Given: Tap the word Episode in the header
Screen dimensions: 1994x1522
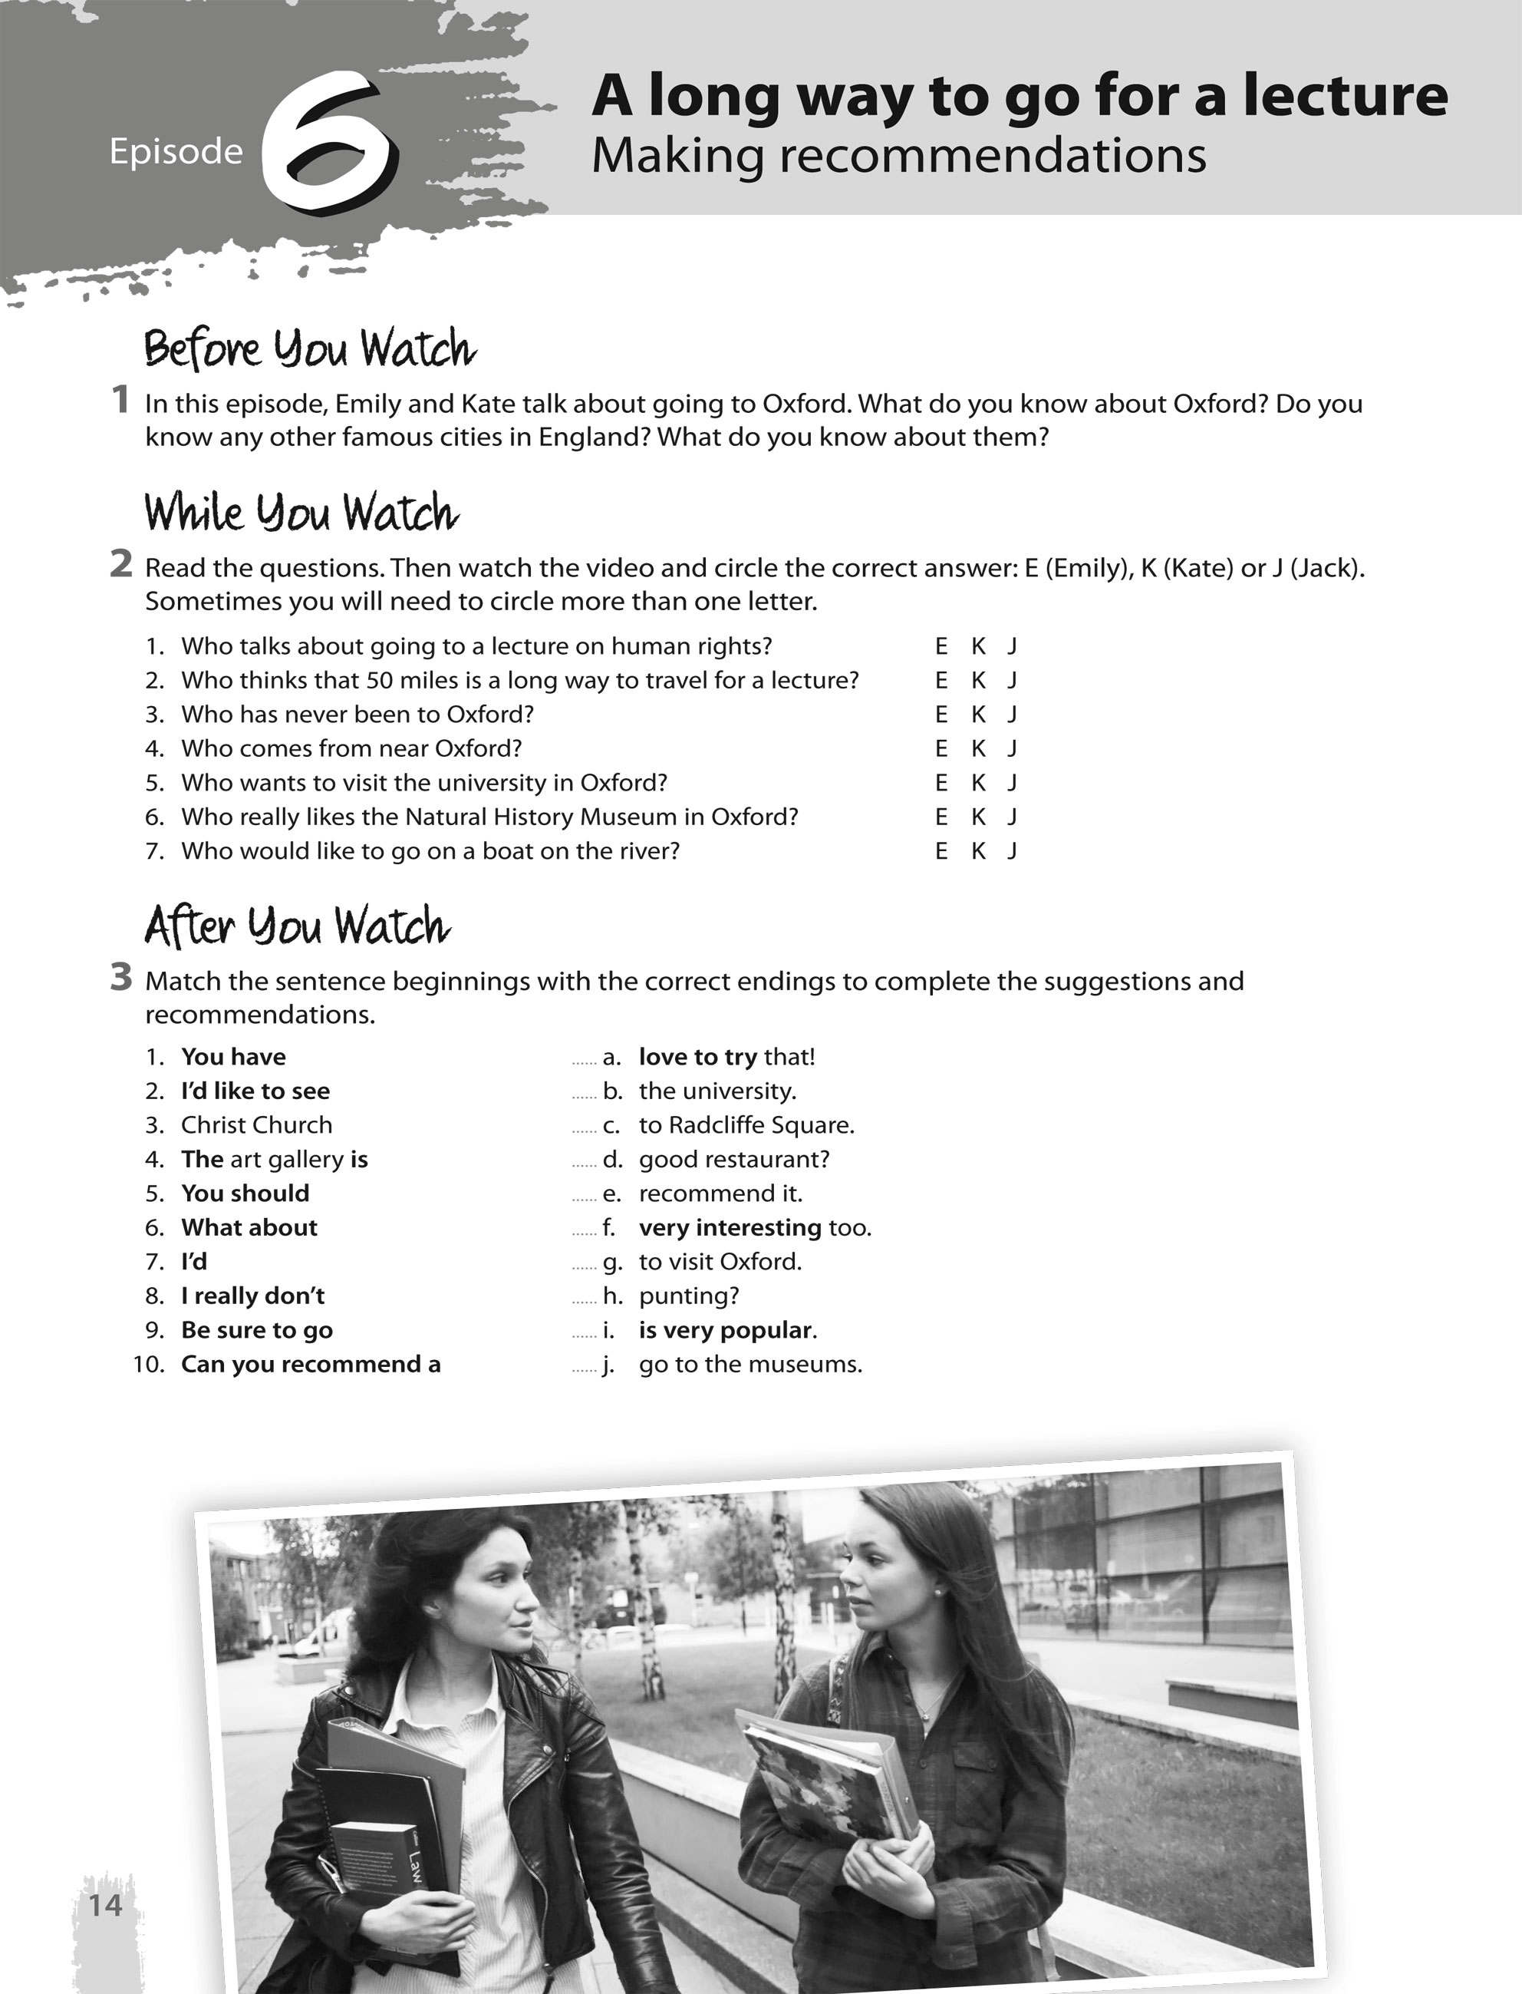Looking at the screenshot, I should pyautogui.click(x=176, y=151).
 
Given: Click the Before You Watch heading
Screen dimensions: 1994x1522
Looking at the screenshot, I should pyautogui.click(x=310, y=349).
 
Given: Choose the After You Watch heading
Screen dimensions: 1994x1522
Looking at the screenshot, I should pyautogui.click(x=296, y=926).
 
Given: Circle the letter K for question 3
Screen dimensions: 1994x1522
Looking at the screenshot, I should pyautogui.click(x=978, y=715).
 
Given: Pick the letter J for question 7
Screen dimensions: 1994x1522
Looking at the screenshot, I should pyautogui.click(x=1013, y=851).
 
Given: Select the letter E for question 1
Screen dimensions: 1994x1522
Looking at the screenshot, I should pyautogui.click(x=941, y=646).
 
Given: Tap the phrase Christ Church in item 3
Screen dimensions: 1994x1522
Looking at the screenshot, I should pyautogui.click(x=256, y=1125).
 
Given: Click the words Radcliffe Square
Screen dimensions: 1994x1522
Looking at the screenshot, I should pyautogui.click(x=760, y=1125).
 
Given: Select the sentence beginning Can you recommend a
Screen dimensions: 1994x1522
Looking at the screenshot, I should pyautogui.click(x=311, y=1364).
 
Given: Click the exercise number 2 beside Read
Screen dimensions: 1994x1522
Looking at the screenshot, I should pyautogui.click(x=120, y=565).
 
